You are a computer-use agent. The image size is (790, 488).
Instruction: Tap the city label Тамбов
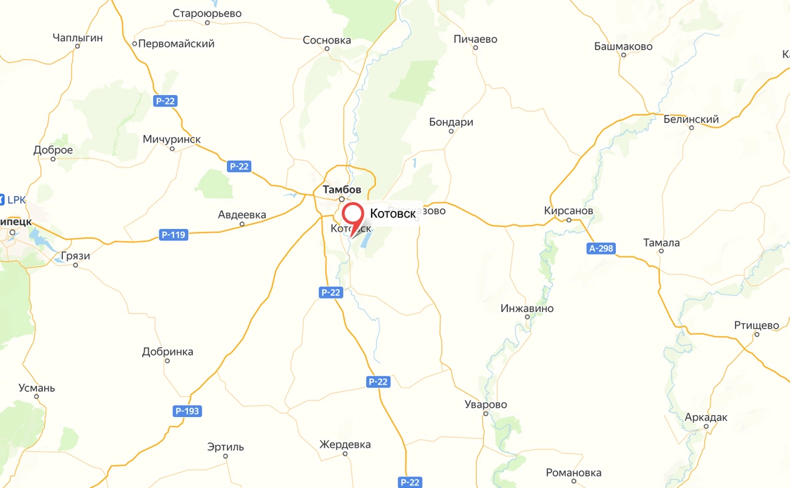click(341, 189)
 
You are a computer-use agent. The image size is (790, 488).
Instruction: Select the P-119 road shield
click(173, 235)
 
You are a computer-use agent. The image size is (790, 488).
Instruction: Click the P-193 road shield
click(187, 411)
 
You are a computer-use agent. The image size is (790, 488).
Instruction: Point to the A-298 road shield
click(601, 249)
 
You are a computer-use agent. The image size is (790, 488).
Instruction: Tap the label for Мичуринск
click(171, 139)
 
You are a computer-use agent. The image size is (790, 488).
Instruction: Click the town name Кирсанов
click(568, 210)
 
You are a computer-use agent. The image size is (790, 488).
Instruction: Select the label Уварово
click(486, 404)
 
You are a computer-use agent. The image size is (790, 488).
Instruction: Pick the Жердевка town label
click(345, 444)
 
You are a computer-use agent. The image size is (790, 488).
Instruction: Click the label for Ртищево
click(757, 325)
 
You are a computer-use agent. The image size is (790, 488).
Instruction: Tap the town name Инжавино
click(527, 309)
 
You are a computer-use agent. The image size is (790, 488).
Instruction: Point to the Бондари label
click(451, 123)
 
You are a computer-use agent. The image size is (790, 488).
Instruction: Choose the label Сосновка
click(327, 40)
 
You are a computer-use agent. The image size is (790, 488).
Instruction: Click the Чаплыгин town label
click(78, 37)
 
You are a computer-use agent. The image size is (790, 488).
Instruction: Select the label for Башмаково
click(623, 46)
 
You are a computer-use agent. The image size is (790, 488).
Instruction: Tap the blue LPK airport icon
click(3, 199)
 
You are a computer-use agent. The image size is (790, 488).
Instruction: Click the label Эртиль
click(226, 446)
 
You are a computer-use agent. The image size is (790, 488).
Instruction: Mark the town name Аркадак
click(706, 417)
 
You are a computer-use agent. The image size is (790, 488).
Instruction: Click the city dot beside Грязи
click(76, 265)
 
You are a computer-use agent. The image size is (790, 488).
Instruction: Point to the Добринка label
click(167, 351)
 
